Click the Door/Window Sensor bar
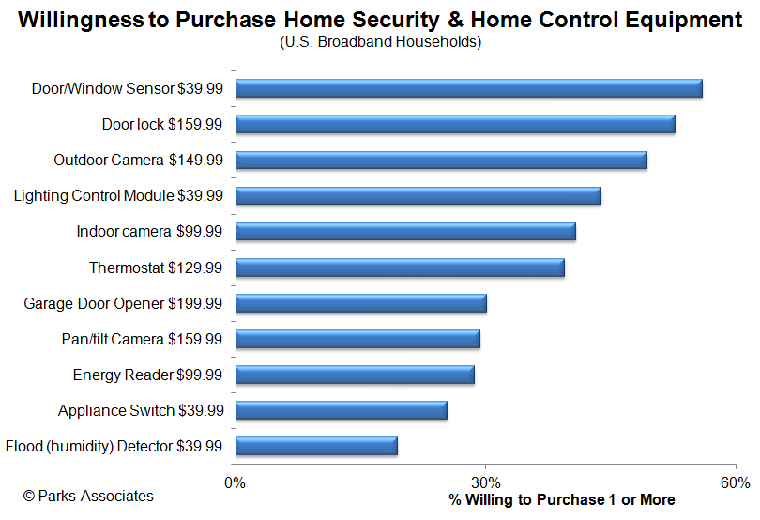(469, 88)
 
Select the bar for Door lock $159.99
(455, 124)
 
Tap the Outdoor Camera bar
(441, 160)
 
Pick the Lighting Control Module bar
(418, 195)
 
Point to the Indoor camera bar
(405, 231)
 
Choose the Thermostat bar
(400, 268)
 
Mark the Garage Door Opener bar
(361, 303)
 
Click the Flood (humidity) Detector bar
(316, 446)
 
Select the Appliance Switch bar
(342, 410)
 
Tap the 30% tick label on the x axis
(485, 482)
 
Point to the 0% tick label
(236, 482)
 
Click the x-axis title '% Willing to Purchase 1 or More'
(561, 499)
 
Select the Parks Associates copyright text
(88, 496)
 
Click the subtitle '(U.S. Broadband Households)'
(380, 41)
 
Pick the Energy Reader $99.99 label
(147, 375)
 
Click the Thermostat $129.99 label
(156, 268)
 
